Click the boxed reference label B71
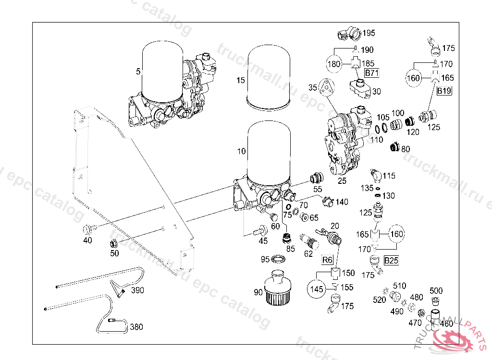click(372, 73)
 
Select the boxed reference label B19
click(444, 91)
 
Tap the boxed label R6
click(327, 260)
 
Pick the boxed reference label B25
click(391, 260)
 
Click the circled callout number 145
click(317, 289)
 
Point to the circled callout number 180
click(334, 64)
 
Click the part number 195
click(369, 33)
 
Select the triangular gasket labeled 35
click(326, 87)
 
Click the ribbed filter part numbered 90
click(278, 288)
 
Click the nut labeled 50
click(113, 243)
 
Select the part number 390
click(137, 290)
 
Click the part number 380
click(136, 327)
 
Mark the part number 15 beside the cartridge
click(241, 80)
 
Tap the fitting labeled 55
click(316, 178)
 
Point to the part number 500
click(436, 291)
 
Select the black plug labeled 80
click(395, 146)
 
